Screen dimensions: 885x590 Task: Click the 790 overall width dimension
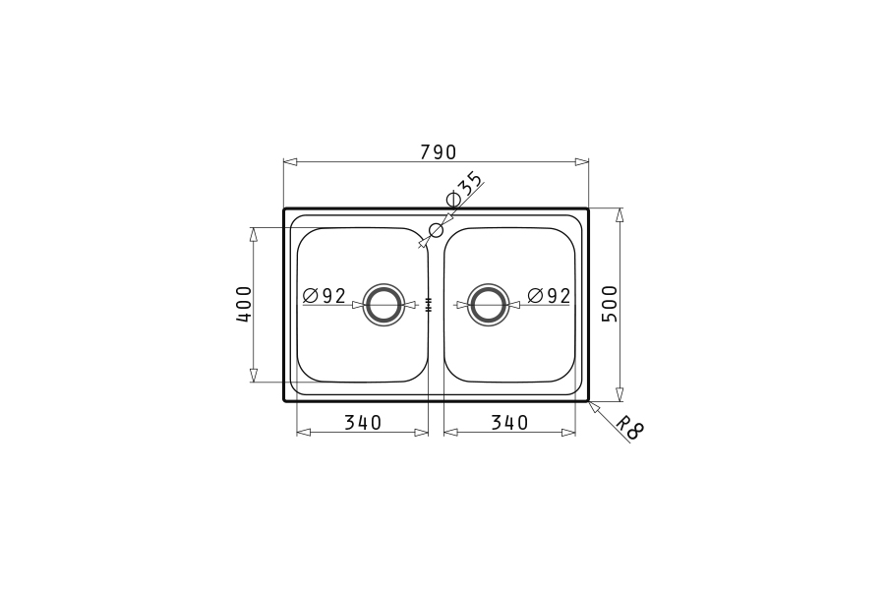point(438,151)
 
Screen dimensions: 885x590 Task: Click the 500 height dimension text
point(610,304)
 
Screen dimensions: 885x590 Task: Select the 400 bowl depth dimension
point(244,304)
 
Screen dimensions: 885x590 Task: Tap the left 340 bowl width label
point(363,422)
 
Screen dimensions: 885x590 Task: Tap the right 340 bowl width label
point(509,422)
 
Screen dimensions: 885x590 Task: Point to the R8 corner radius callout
point(629,428)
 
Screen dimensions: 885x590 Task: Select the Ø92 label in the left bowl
point(324,295)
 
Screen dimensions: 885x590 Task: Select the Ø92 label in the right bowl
point(549,295)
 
